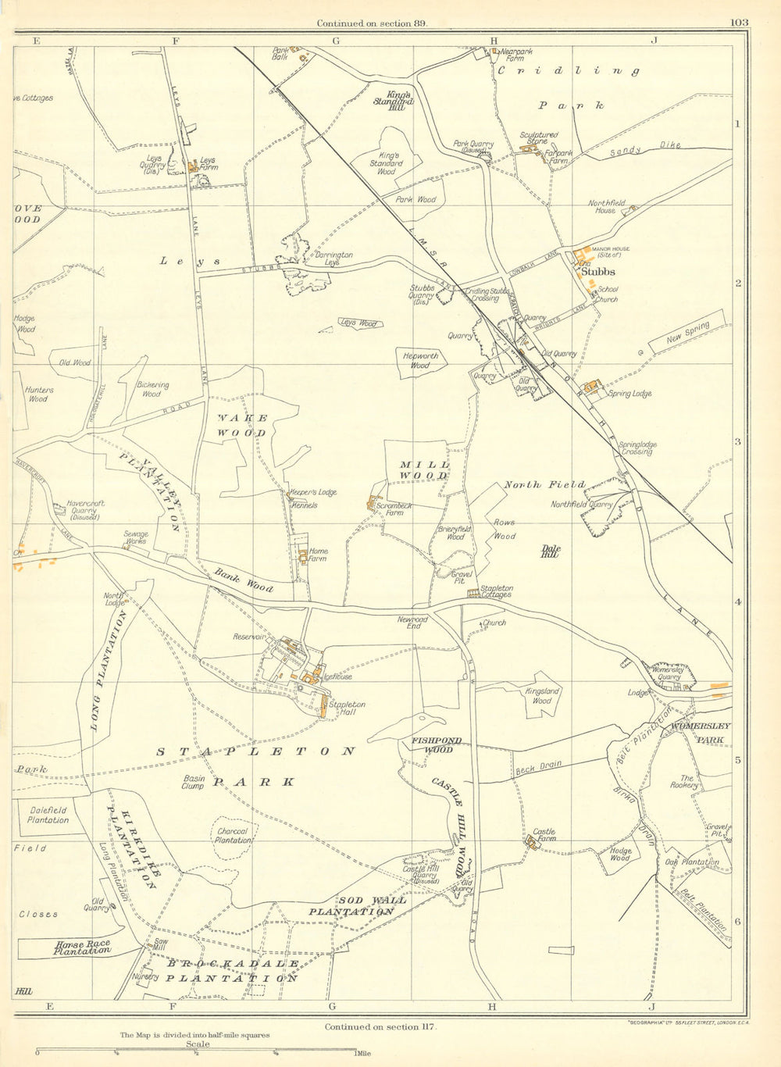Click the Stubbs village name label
pos(599,273)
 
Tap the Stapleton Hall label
pos(347,708)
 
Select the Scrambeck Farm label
pos(394,509)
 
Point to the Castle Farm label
pos(544,833)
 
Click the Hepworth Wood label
pos(421,360)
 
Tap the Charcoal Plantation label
pos(233,836)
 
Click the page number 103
pos(740,23)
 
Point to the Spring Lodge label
pos(629,394)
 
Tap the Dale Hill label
pos(550,551)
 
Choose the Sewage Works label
pos(136,539)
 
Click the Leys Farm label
pos(208,163)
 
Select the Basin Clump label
pos(193,782)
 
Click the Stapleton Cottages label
pos(497,591)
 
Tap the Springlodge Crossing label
pos(637,448)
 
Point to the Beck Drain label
pos(539,769)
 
